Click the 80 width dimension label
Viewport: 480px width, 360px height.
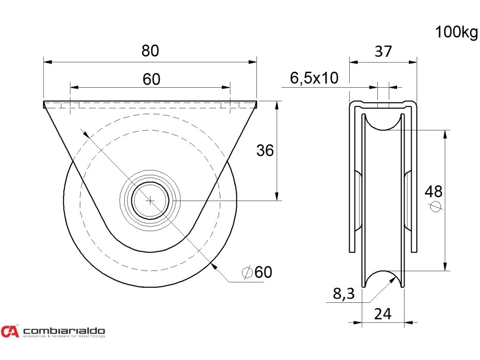[x=150, y=51]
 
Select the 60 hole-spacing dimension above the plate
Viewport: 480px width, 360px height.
[x=151, y=79]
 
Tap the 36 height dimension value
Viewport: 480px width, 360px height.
[x=265, y=150]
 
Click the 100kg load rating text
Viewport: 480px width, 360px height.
[x=456, y=32]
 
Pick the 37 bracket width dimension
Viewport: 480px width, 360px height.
[x=383, y=51]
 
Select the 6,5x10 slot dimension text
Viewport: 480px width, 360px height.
[x=314, y=78]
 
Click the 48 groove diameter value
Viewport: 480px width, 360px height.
[x=434, y=191]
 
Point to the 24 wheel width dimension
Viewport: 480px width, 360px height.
[x=383, y=314]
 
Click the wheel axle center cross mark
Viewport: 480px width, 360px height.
[x=150, y=200]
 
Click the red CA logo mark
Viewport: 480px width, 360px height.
[x=9, y=331]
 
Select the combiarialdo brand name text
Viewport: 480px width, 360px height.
[x=64, y=330]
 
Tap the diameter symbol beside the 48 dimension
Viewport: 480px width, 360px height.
[x=435, y=206]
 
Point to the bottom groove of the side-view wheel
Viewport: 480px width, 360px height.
[x=383, y=279]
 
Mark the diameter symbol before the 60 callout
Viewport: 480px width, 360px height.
[x=247, y=272]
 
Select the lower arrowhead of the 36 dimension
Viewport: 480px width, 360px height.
[x=278, y=196]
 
